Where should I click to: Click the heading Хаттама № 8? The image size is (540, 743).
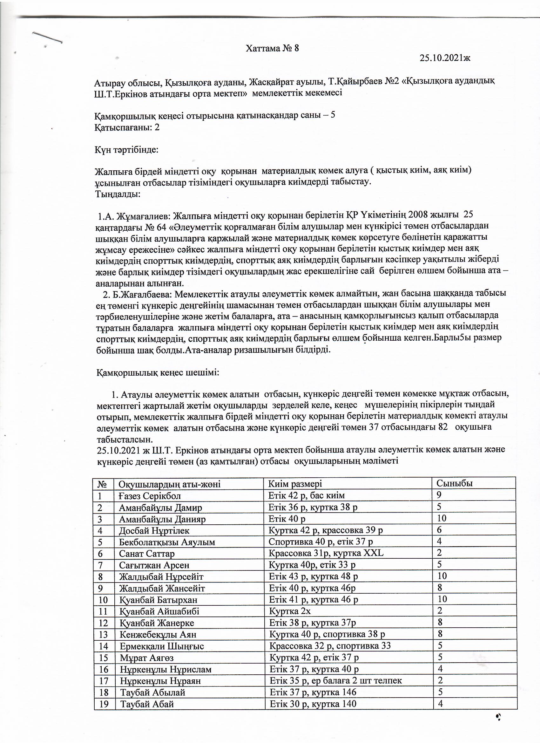(273, 49)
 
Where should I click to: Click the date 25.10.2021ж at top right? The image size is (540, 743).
(445, 58)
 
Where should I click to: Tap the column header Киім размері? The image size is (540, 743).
(295, 484)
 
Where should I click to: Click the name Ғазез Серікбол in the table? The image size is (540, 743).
(150, 496)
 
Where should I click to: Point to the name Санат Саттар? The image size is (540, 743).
(147, 554)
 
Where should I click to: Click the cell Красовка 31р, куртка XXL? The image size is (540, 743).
(326, 553)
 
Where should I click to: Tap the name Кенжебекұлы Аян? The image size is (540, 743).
(158, 635)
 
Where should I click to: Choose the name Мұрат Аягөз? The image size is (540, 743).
(147, 658)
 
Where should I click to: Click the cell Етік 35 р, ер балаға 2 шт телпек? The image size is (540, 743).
(335, 681)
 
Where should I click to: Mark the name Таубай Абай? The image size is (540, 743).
(147, 704)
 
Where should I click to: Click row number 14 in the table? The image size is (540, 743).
(104, 646)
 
